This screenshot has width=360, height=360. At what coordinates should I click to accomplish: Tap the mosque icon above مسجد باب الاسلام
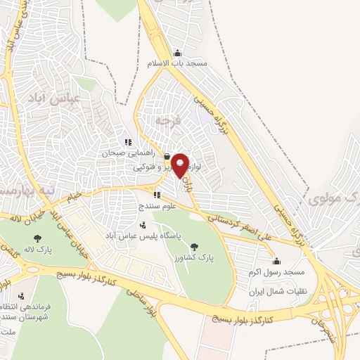coord(176,53)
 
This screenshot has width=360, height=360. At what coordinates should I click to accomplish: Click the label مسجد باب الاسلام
coord(177,63)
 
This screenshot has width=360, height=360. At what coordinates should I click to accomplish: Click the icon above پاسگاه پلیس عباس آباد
coord(143,226)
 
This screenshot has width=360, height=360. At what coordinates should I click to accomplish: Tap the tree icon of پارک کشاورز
coord(195,247)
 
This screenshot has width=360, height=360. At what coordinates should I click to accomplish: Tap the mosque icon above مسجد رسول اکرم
coord(276,261)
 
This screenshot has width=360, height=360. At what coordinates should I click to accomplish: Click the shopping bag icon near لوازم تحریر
coord(166,157)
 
